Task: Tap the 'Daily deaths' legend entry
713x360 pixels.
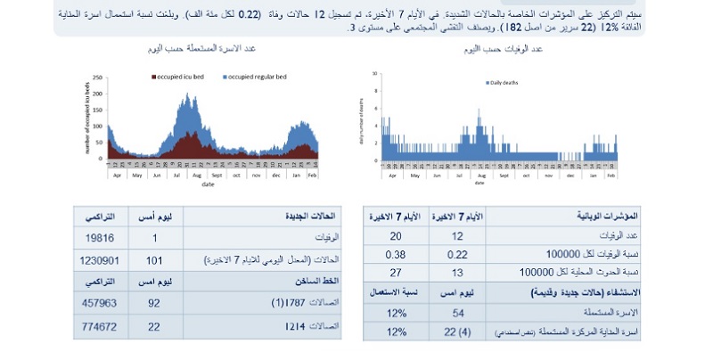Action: coord(504,82)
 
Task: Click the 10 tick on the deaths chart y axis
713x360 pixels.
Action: coord(375,74)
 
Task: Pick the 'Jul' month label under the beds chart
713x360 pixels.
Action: coord(174,175)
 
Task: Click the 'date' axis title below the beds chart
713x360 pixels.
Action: coord(208,184)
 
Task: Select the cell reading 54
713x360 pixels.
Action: coord(459,314)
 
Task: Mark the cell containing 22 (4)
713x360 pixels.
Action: coord(459,332)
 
